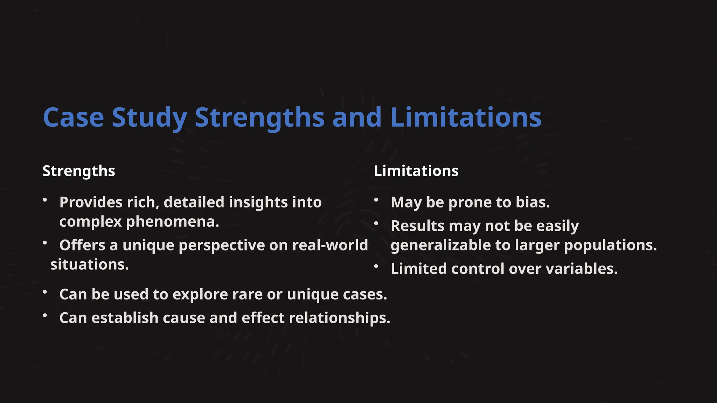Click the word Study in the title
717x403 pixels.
point(149,118)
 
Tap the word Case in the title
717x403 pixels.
point(74,118)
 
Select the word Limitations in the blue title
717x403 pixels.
point(466,118)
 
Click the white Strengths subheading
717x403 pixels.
point(79,171)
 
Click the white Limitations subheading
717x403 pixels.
point(416,171)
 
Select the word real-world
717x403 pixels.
point(330,245)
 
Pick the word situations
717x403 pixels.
point(90,265)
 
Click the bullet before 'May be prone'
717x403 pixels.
point(376,200)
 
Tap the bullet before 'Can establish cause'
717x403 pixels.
point(45,316)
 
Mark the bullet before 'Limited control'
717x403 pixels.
point(376,267)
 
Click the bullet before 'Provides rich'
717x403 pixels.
point(45,200)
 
